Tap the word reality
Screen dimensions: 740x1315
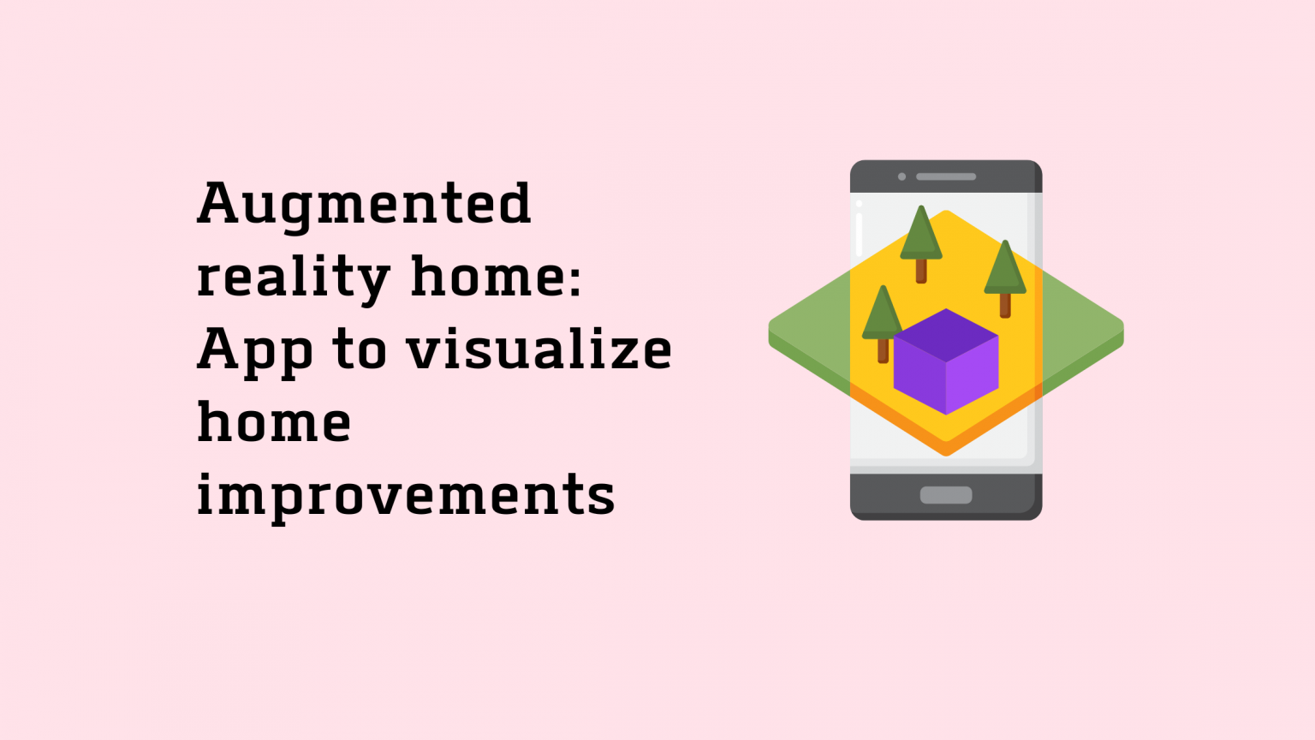[x=293, y=278]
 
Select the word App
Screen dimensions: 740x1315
[x=254, y=351]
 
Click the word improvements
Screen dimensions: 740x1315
[x=406, y=497]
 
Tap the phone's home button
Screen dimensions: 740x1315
[x=946, y=495]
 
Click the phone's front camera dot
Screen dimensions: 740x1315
[x=901, y=177]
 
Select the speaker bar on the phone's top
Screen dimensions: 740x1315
[x=946, y=177]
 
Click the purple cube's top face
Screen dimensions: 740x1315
[x=946, y=334]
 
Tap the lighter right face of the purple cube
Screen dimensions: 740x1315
[x=973, y=377]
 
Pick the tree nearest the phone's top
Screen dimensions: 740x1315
[x=921, y=240]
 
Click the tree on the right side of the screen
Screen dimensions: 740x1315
[x=1005, y=274]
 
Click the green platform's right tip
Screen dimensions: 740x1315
[x=1119, y=332]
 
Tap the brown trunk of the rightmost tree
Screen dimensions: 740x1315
[x=1005, y=305]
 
